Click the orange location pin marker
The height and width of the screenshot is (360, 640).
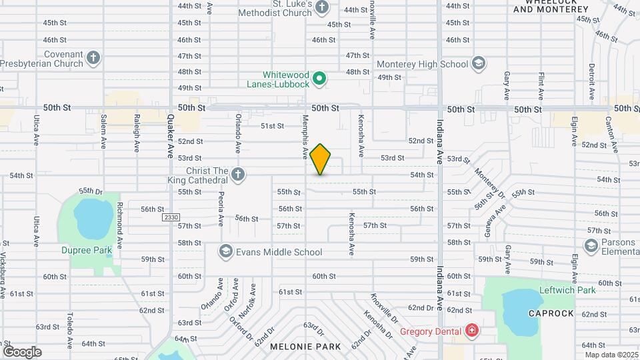click(321, 159)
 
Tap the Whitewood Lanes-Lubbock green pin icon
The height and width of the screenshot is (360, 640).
click(319, 79)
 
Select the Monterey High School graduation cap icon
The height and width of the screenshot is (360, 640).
click(477, 64)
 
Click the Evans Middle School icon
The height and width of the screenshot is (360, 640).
click(225, 252)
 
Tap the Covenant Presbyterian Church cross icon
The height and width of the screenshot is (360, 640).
click(93, 57)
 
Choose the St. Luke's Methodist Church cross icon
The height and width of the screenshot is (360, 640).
click(322, 7)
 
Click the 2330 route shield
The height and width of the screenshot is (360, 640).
click(170, 217)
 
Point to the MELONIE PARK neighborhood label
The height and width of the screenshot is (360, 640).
click(305, 347)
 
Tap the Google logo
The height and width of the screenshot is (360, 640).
click(22, 351)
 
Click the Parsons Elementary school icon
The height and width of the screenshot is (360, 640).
click(591, 246)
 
